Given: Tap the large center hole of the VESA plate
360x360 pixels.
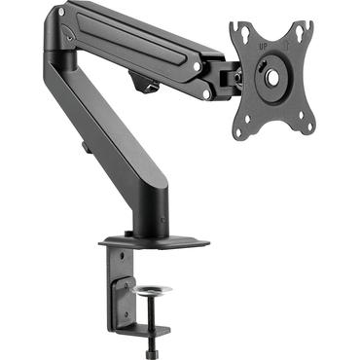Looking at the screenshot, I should [272, 75].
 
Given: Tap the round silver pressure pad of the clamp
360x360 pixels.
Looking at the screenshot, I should [155, 290].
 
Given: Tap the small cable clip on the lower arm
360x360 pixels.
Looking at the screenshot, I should [85, 149].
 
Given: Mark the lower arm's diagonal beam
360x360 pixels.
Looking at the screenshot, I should [107, 136].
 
